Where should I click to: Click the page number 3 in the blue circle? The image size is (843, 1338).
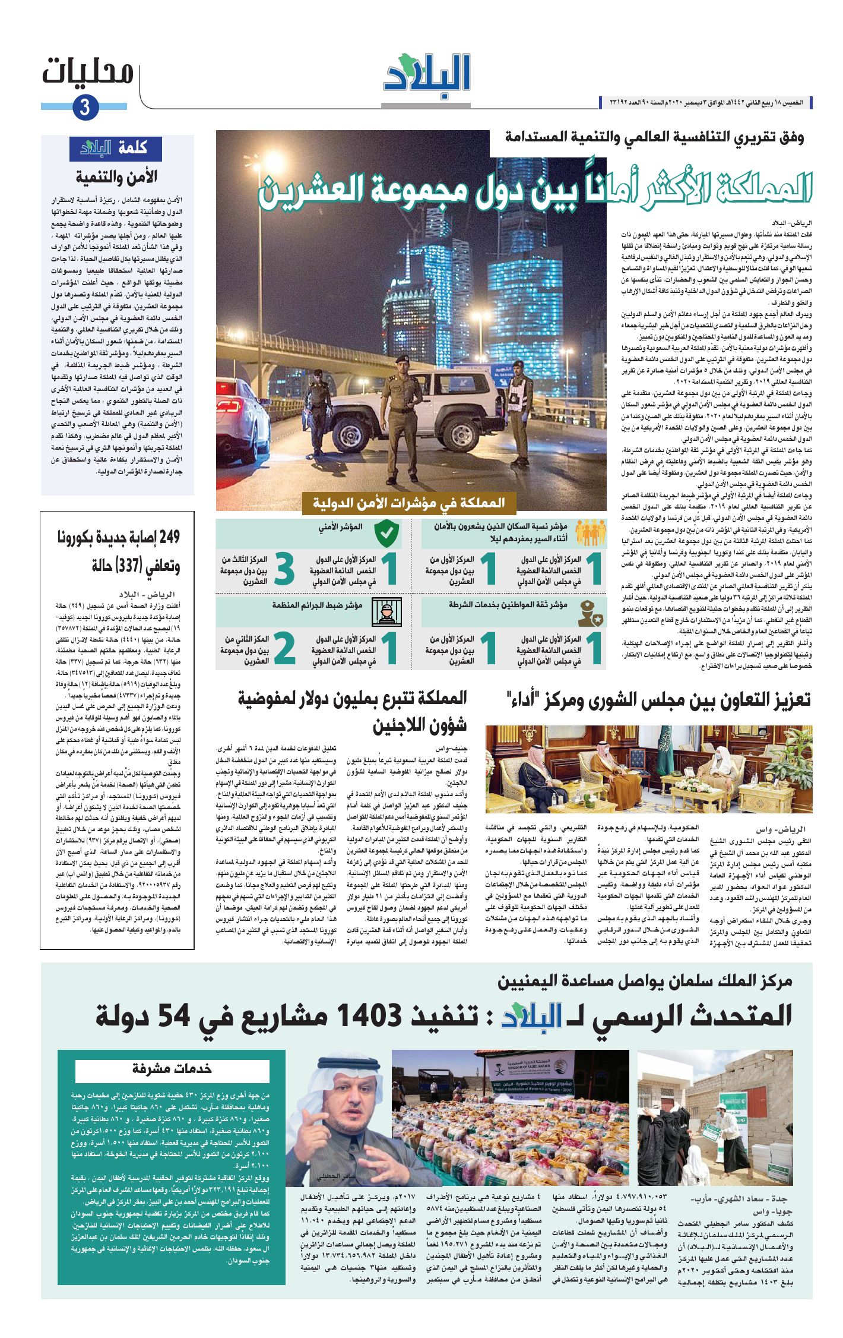click(85, 108)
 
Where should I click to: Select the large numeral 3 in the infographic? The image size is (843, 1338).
click(284, 570)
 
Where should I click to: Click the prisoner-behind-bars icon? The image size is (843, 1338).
click(386, 611)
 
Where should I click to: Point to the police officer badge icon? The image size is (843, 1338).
click(590, 612)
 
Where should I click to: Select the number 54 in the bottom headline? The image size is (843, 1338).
click(174, 1015)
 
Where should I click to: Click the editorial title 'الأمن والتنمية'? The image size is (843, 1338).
click(116, 177)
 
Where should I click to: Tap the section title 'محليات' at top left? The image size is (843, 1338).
click(88, 72)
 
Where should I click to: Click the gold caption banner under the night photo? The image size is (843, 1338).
click(408, 503)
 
